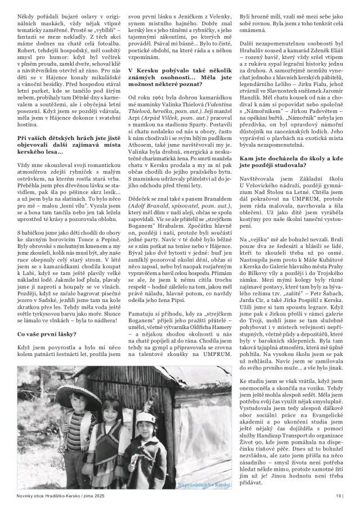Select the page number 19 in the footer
[x=338, y=495]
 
